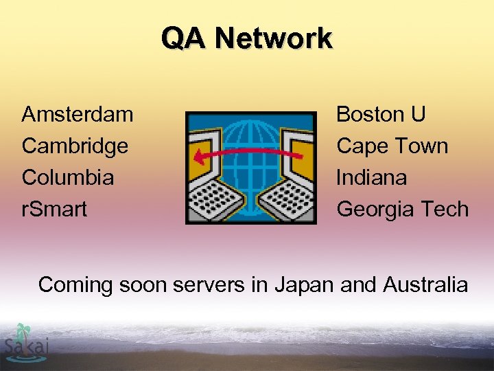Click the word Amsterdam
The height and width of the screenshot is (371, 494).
pyautogui.click(x=78, y=114)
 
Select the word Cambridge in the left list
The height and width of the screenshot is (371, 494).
pyautogui.click(x=75, y=146)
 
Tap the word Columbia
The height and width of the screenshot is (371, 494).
pyautogui.click(x=68, y=177)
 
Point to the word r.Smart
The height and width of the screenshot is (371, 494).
pyautogui.click(x=54, y=209)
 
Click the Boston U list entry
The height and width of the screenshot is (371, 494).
pyautogui.click(x=381, y=114)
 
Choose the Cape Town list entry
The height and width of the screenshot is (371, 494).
pyautogui.click(x=392, y=146)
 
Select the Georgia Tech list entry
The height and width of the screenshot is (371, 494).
pyautogui.click(x=402, y=209)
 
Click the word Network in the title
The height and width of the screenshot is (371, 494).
pyautogui.click(x=273, y=38)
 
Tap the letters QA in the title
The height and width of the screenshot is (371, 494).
pyautogui.click(x=183, y=38)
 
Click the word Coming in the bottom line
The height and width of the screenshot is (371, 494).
pyautogui.click(x=75, y=284)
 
